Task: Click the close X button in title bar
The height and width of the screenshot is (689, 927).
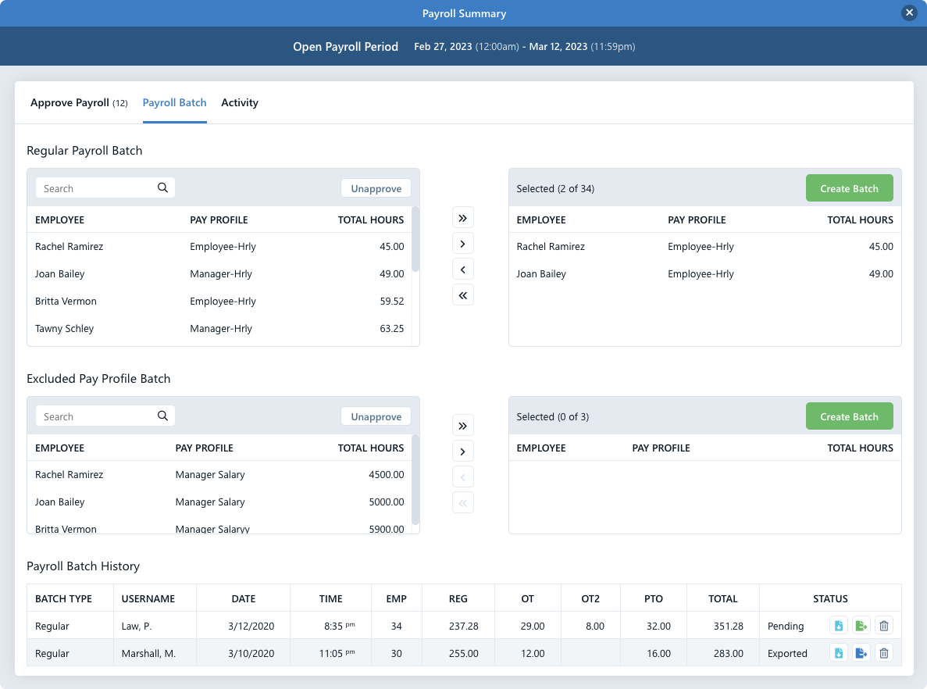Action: (908, 13)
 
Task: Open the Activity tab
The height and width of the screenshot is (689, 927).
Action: (240, 102)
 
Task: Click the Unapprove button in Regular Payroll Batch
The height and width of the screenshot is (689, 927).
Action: (376, 188)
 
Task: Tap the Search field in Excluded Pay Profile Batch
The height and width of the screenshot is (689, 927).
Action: (95, 416)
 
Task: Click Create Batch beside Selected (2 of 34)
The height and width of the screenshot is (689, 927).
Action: (849, 188)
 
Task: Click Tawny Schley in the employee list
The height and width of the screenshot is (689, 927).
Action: (65, 329)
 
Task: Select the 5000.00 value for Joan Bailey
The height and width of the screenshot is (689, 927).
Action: (386, 502)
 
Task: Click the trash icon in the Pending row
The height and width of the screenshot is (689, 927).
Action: (883, 626)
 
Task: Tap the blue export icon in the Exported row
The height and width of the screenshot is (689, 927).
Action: (861, 653)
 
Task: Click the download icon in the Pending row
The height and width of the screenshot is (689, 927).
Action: (839, 626)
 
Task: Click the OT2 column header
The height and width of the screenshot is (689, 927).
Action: (590, 598)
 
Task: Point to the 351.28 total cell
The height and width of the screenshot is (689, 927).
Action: (727, 626)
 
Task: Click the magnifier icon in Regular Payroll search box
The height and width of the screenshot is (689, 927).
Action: (162, 187)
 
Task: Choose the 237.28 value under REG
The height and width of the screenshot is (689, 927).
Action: (463, 626)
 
